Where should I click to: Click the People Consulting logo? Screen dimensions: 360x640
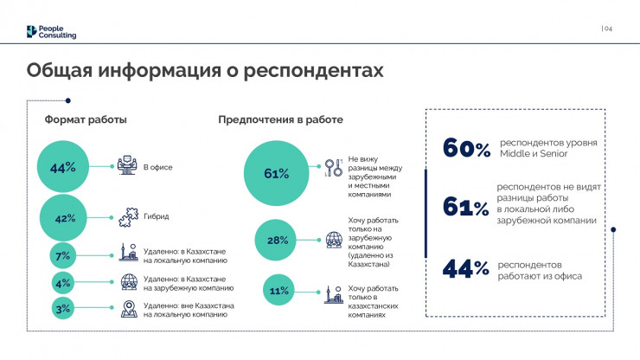(x=52, y=32)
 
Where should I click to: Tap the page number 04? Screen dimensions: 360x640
(x=607, y=29)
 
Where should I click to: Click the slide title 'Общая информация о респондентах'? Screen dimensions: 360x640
(x=204, y=69)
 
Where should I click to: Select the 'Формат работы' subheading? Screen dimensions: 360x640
(x=86, y=119)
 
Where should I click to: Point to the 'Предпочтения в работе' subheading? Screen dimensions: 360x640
(x=280, y=119)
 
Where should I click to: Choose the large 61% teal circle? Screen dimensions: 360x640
(x=276, y=173)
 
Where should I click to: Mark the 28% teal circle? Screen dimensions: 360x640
(x=277, y=241)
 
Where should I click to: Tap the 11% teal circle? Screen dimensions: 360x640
(x=277, y=292)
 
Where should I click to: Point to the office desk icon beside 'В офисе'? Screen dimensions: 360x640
(x=128, y=165)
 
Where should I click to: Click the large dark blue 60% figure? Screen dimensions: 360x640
(x=466, y=148)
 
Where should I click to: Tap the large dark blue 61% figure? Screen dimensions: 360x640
(x=466, y=208)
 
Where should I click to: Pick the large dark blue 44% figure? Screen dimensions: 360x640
(x=466, y=268)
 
